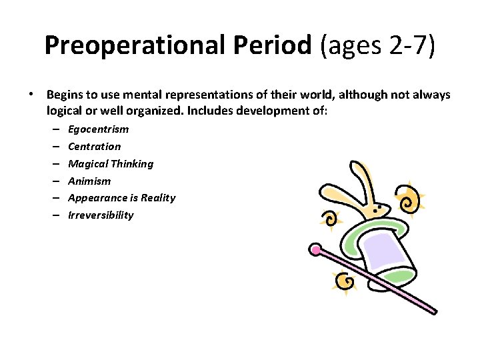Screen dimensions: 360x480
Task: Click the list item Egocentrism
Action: pyautogui.click(x=98, y=129)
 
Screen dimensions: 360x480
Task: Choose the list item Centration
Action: pyautogui.click(x=95, y=147)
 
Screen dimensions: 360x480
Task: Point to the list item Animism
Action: pyautogui.click(x=89, y=181)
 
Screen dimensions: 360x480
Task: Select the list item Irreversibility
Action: pyautogui.click(x=101, y=215)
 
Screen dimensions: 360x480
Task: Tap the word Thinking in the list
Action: pyautogui.click(x=132, y=164)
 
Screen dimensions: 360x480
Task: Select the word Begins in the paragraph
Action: pyautogui.click(x=64, y=95)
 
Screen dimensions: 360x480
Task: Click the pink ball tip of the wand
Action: pyautogui.click(x=315, y=251)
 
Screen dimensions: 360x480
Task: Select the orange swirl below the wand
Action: pyautogui.click(x=346, y=283)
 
